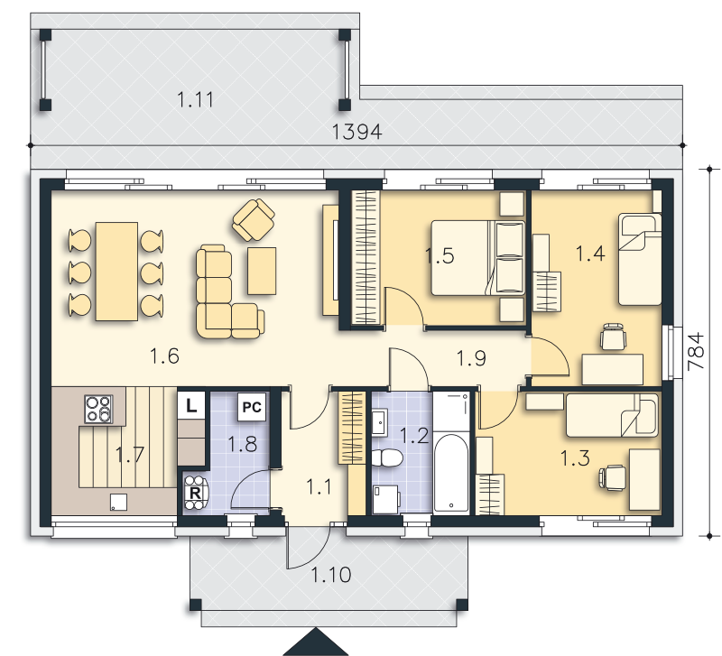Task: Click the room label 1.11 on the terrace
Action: point(195,99)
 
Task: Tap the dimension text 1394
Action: point(356,132)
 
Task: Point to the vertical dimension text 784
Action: point(696,351)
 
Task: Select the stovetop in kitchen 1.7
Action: point(99,409)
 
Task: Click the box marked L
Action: point(191,405)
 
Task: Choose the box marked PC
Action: point(252,407)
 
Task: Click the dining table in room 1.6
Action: point(116,271)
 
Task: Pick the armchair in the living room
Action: point(254,219)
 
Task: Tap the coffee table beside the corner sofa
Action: point(262,271)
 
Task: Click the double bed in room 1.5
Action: point(478,257)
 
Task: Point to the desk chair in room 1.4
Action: point(614,337)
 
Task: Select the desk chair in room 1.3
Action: point(612,477)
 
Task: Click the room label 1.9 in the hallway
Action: point(471,357)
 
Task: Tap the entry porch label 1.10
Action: point(331,575)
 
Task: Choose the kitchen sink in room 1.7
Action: point(118,502)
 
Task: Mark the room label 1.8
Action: point(242,444)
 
